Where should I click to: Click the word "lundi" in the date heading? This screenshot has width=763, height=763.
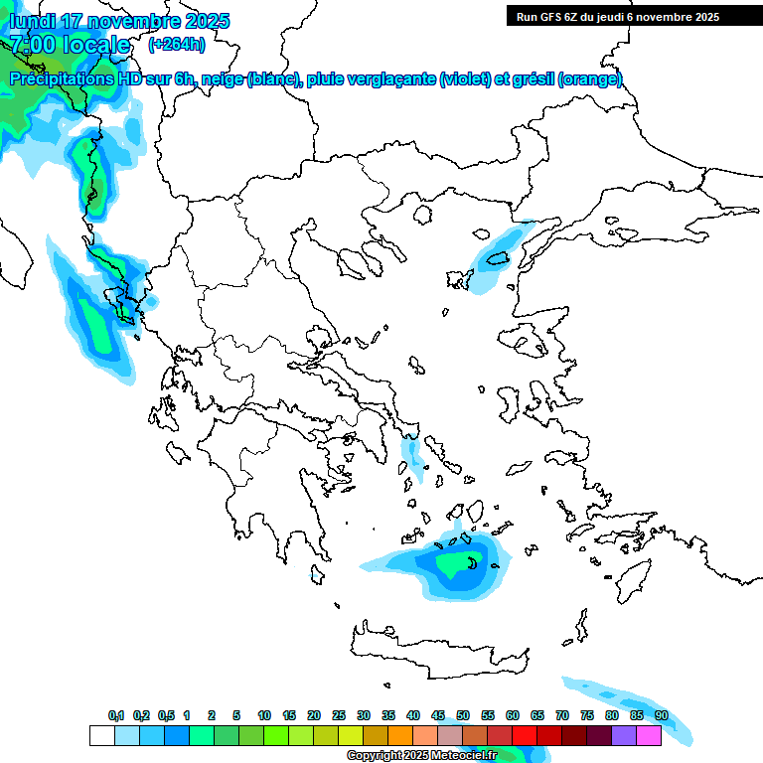click(33, 21)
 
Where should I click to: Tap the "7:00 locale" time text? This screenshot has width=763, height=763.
click(70, 45)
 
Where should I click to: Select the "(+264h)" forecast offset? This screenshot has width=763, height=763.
click(177, 45)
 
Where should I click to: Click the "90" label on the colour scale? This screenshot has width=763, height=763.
click(661, 715)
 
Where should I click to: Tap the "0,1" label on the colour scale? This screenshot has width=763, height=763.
click(116, 715)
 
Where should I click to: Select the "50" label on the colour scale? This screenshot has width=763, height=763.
click(463, 715)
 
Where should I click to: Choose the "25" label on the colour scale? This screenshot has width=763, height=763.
click(339, 715)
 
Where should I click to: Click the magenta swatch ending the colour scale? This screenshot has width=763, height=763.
click(649, 735)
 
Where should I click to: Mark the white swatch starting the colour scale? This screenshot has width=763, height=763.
click(101, 735)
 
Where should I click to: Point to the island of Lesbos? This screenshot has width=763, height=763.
click(528, 341)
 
